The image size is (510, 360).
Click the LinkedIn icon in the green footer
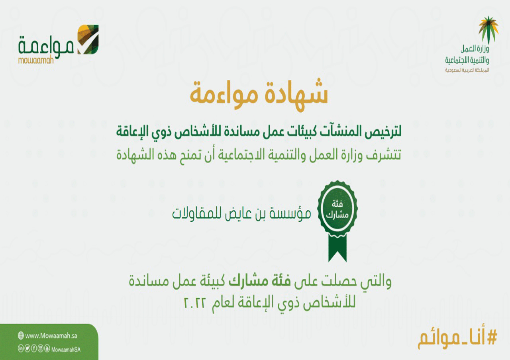(21, 348)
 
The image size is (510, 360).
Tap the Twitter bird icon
(27, 348)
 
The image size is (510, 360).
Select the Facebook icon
(34, 348)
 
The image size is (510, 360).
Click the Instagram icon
(41, 348)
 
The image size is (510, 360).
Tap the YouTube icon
(47, 348)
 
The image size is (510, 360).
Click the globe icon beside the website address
(21, 335)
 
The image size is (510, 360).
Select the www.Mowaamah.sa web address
(51, 336)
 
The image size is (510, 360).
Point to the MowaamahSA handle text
(66, 349)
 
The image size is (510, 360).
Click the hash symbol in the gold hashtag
(492, 338)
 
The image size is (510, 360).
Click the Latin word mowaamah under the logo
(36, 61)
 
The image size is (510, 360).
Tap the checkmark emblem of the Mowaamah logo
(88, 39)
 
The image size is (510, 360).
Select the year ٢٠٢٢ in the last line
(195, 302)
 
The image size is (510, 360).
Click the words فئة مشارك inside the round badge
(337, 209)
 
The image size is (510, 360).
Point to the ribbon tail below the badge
(337, 248)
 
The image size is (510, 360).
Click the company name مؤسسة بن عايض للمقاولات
(241, 213)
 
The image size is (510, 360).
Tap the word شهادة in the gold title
(296, 95)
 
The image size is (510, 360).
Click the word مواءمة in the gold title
(224, 96)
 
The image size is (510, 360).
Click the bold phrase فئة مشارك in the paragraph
(260, 282)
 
